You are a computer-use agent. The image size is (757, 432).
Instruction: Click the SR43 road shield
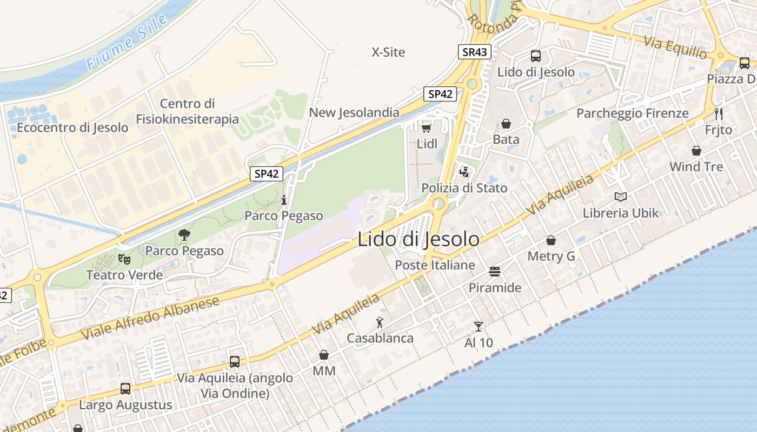coord(475,52)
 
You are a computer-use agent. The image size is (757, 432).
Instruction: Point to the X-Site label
coord(388,52)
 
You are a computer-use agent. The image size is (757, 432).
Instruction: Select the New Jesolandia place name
coord(354,113)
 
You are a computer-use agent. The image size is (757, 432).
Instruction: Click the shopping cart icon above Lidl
coord(426,128)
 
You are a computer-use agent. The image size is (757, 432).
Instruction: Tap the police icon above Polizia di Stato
coord(464,172)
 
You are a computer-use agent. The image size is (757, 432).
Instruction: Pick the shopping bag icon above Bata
coord(506,124)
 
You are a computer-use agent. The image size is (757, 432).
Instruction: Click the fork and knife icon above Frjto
coord(719,113)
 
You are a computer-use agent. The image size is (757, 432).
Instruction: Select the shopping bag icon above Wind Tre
coord(696,151)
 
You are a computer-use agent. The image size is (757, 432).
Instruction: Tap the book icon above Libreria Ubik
coord(621,197)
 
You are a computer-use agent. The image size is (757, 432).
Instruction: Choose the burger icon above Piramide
coord(495,271)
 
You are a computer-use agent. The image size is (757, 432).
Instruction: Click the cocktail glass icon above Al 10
coord(479,326)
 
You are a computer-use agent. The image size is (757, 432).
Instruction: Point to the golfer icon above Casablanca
coord(380,323)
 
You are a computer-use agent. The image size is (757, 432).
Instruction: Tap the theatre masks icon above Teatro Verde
coord(124,259)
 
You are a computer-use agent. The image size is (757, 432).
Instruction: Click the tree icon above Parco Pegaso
coord(184,235)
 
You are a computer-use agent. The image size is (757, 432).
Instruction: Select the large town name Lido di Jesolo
coord(418,239)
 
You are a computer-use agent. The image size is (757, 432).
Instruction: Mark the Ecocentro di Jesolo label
coord(72,128)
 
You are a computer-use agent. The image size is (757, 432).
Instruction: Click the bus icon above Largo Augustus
coord(125,388)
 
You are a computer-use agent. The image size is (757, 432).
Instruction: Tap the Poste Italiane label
coord(435,265)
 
